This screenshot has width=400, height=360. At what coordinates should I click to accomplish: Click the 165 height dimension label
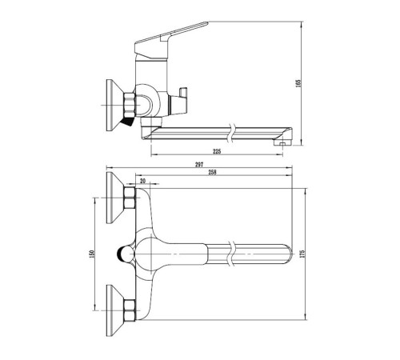pyautogui.click(x=298, y=83)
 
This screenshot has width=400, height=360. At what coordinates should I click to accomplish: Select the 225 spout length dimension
pyautogui.click(x=217, y=151)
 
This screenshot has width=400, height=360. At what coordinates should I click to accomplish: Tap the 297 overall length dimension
pyautogui.click(x=199, y=165)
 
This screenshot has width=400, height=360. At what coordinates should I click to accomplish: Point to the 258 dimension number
pyautogui.click(x=212, y=172)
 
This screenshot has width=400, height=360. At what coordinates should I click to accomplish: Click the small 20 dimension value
pyautogui.click(x=143, y=181)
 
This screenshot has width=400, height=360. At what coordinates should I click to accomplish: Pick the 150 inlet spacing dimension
pyautogui.click(x=91, y=254)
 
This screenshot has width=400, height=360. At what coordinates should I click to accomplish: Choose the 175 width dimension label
pyautogui.click(x=302, y=254)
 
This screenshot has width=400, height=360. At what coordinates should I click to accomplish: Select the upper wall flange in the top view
pyautogui.click(x=115, y=198)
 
